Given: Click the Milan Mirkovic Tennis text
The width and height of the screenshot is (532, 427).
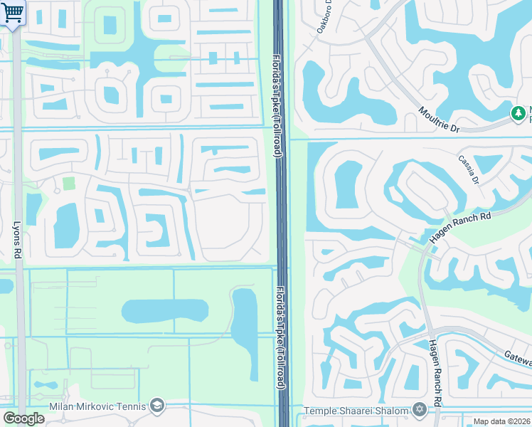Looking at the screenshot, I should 97,406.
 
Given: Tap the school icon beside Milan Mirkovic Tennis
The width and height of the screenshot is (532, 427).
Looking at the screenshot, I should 157,406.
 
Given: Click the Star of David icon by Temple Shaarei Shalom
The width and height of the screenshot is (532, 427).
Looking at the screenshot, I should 419,410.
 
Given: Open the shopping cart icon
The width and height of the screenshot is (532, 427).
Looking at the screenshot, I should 12,12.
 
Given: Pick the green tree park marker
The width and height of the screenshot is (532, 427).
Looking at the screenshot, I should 519,113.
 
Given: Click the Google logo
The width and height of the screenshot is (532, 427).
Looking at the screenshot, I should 24,418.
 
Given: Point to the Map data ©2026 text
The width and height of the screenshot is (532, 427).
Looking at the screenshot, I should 502,421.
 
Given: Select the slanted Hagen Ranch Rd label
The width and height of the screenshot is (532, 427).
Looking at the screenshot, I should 461,227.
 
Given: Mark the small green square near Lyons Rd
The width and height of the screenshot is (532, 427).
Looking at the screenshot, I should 68,184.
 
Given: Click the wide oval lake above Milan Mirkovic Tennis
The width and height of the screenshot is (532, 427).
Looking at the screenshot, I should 165,311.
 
